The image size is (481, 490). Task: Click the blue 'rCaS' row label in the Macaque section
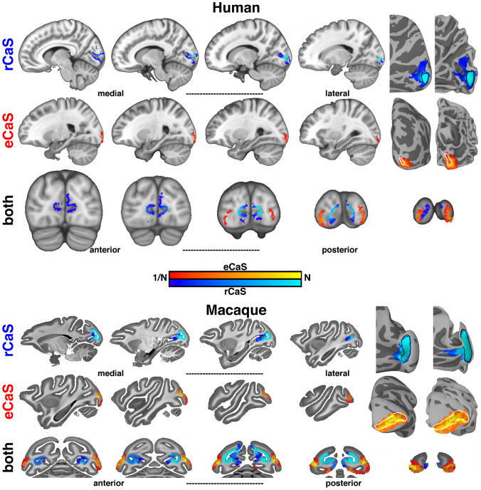tap(9, 344)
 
